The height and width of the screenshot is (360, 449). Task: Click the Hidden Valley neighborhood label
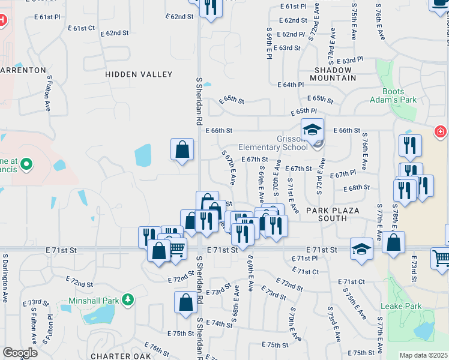tap(139, 74)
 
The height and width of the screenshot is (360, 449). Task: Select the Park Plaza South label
tap(332, 214)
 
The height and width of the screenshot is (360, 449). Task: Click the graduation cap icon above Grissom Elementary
tap(312, 130)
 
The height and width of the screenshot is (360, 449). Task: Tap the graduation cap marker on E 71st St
tap(361, 249)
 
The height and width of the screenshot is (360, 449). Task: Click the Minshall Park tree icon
tap(127, 299)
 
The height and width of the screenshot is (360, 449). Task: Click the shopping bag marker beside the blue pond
tap(182, 150)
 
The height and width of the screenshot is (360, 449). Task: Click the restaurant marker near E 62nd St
tap(211, 7)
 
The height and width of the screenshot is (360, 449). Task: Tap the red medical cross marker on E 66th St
tap(440, 130)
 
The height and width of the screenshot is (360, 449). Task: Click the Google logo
tap(20, 353)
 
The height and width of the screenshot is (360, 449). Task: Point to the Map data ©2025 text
tap(424, 355)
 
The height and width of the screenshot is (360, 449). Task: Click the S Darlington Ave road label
tap(5, 280)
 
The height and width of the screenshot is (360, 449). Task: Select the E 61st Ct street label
tap(82, 28)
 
